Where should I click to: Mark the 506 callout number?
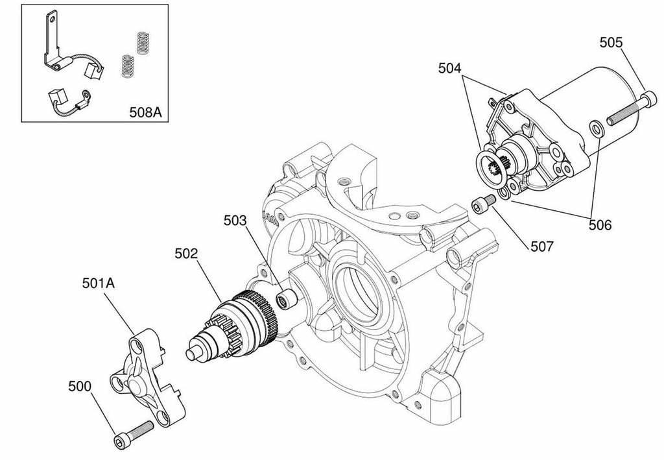600,225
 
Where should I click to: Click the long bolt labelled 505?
627,109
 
